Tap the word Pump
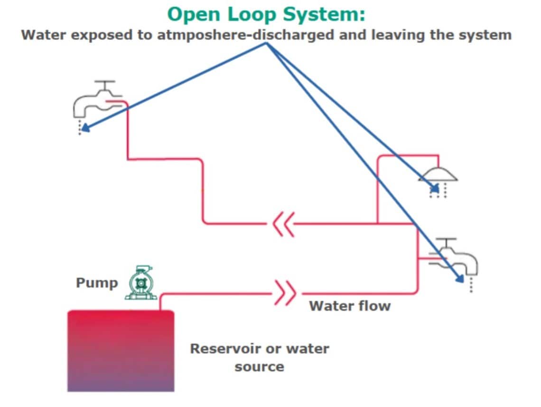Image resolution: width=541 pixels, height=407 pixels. coord(97,283)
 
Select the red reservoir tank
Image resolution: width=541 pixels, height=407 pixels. coord(121,351)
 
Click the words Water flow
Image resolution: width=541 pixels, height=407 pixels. coord(350,306)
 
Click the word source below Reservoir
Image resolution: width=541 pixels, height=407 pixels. coord(259,367)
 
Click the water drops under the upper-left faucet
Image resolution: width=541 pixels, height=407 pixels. coord(79,128)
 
